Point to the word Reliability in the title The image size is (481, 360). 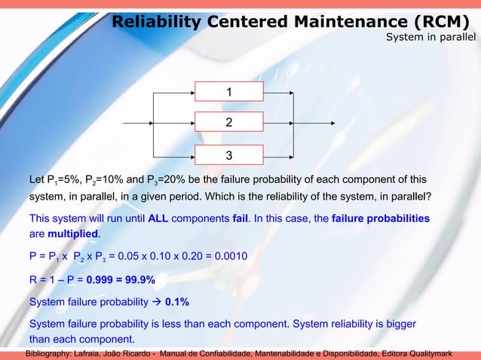(155, 22)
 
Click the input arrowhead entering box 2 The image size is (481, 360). (191, 122)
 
